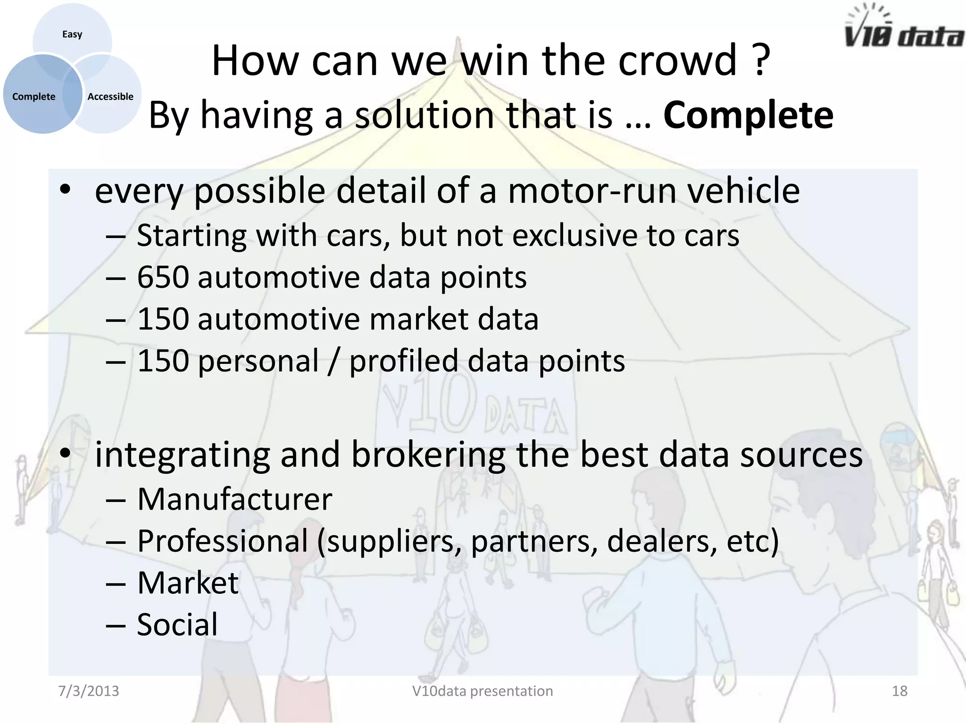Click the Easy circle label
pyautogui.click(x=72, y=34)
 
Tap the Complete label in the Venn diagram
pyautogui.click(x=33, y=97)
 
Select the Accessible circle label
pyautogui.click(x=110, y=97)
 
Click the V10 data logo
pyautogui.click(x=903, y=28)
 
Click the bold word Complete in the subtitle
pyautogui.click(x=748, y=115)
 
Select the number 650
pyautogui.click(x=163, y=277)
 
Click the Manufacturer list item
pyautogui.click(x=234, y=499)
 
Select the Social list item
pyautogui.click(x=177, y=625)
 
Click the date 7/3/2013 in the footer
pyautogui.click(x=89, y=691)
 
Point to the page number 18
pyautogui.click(x=899, y=691)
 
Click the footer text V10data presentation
pyautogui.click(x=482, y=691)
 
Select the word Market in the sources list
pyautogui.click(x=188, y=583)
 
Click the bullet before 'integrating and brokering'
pyautogui.click(x=65, y=454)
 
